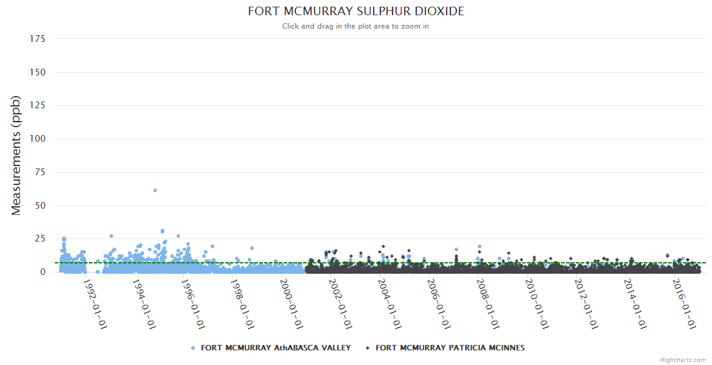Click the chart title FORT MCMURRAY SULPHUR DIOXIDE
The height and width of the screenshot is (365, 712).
pos(356,12)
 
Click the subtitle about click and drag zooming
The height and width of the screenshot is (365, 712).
pos(356,26)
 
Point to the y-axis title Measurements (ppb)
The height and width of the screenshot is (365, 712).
pos(16,155)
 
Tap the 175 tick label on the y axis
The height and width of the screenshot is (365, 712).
pos(37,39)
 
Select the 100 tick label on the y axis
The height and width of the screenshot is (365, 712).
pos(37,139)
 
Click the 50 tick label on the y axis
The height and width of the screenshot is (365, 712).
pos(40,206)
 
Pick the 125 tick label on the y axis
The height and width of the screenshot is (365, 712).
pos(37,106)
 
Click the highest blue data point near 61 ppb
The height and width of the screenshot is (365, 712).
pos(155,190)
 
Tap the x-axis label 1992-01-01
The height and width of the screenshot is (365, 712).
pos(95,304)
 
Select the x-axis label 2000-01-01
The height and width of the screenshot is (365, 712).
pos(291,304)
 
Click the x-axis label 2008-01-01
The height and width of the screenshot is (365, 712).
pos(488,304)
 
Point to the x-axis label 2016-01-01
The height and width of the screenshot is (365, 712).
pos(685,304)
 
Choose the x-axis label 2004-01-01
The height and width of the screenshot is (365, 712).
pos(390,304)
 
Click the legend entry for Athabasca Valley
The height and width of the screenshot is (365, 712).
pos(276,348)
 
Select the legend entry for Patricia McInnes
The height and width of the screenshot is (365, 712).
pos(450,348)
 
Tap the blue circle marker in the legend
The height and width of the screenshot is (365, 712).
pos(193,348)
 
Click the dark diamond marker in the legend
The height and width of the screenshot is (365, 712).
pos(368,348)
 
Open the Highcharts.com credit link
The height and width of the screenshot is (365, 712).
pos(683,360)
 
